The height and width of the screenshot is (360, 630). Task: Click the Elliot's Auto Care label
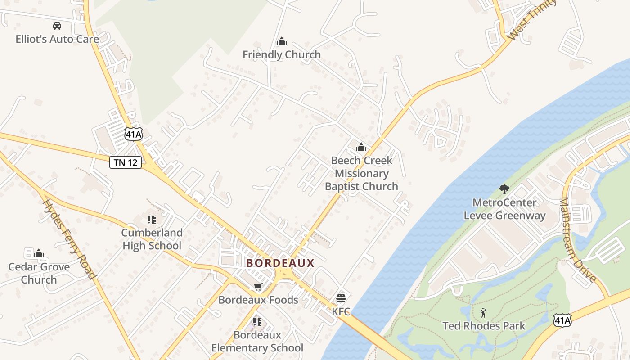pyautogui.click(x=57, y=39)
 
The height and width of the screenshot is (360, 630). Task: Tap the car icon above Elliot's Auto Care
pyautogui.click(x=57, y=26)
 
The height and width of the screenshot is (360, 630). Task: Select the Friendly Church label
pyautogui.click(x=282, y=54)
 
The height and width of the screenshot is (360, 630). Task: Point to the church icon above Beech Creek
pyautogui.click(x=361, y=147)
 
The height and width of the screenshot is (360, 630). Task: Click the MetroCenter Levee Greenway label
pyautogui.click(x=504, y=209)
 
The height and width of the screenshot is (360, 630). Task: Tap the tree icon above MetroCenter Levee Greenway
pyautogui.click(x=504, y=189)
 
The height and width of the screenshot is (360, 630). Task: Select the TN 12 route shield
pyautogui.click(x=126, y=162)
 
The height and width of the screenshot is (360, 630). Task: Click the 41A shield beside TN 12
pyautogui.click(x=134, y=134)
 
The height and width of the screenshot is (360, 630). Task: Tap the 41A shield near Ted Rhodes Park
pyautogui.click(x=562, y=320)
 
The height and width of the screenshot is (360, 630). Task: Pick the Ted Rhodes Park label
pyautogui.click(x=484, y=326)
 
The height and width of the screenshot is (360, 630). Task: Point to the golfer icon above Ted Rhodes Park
pyautogui.click(x=483, y=312)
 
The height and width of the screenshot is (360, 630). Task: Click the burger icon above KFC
pyautogui.click(x=341, y=298)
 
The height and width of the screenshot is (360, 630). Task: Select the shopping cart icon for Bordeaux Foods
pyautogui.click(x=258, y=287)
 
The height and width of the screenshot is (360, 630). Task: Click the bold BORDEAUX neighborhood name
pyautogui.click(x=280, y=263)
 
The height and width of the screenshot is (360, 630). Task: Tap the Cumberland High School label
pyautogui.click(x=152, y=239)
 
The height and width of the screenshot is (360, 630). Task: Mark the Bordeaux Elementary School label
pyautogui.click(x=257, y=342)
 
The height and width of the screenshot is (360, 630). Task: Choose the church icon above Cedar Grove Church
pyautogui.click(x=39, y=253)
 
